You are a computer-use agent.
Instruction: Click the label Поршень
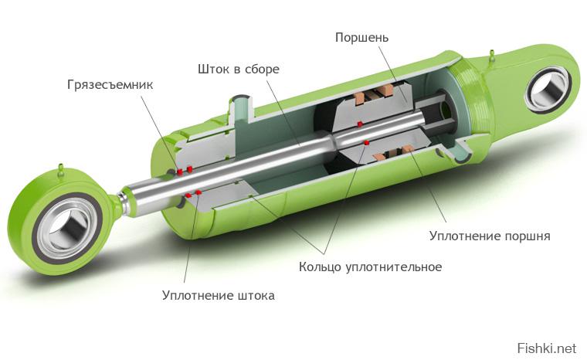coord(361,38)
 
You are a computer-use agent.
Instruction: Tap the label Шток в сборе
coord(239,70)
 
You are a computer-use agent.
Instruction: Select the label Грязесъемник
coord(110,85)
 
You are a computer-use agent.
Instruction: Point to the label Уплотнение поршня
coord(490,236)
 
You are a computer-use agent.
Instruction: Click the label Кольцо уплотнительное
coord(370,267)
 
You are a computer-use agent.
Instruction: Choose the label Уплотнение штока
coord(219,295)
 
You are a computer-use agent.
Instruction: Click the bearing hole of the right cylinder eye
coord(548,91)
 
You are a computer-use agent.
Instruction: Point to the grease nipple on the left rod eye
coord(60,170)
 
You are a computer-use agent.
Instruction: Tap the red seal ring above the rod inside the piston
coord(360,124)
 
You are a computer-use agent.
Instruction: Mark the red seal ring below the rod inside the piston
coord(367,142)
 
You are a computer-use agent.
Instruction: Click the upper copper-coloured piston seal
coord(374,95)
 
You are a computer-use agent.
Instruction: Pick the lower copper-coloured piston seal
coord(392,153)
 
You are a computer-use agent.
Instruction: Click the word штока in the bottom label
coord(256,295)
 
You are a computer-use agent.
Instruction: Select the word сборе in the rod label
coord(262,70)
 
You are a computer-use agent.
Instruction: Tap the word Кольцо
coord(320,267)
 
